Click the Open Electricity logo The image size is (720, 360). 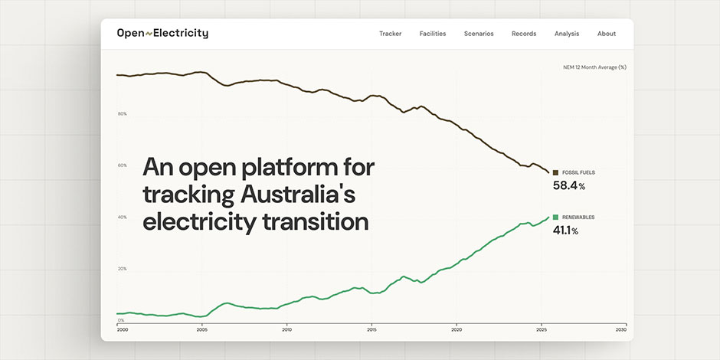162,34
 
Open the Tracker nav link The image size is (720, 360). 390,34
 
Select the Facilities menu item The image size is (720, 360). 433,34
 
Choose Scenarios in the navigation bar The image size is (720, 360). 479,34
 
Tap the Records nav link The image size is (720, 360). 524,34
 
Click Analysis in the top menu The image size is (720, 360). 567,34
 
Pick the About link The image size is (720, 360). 607,34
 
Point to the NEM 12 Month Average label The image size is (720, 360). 594,67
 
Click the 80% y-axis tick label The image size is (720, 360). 122,114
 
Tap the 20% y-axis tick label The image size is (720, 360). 122,269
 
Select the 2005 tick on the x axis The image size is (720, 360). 202,329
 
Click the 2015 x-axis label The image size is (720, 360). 371,329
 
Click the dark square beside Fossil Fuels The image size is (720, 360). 556,173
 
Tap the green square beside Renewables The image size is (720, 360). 556,218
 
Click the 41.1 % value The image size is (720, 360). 565,231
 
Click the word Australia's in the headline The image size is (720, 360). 298,195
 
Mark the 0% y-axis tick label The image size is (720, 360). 121,320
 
